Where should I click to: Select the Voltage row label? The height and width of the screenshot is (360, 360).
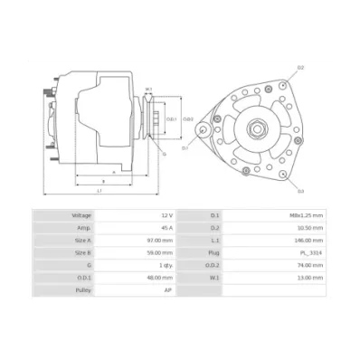81,215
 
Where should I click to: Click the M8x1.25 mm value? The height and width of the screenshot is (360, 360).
304,215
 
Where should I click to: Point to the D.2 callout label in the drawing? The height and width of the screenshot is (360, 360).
300,68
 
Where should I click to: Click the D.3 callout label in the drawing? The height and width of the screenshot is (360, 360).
300,191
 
